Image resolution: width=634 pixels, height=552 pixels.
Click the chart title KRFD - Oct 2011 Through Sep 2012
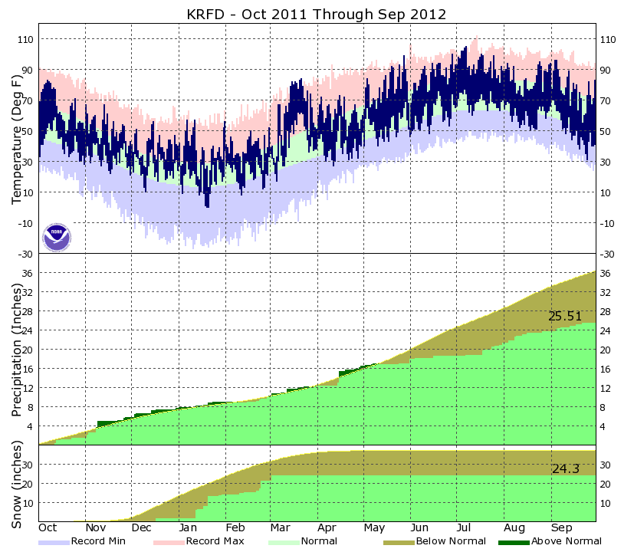pos(317,15)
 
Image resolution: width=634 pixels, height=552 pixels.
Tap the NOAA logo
pos(57,237)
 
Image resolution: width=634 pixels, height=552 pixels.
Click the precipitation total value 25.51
pos(565,316)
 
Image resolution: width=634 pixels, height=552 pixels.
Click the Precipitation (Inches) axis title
pos(16,349)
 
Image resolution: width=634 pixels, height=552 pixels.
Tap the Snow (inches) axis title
pos(16,483)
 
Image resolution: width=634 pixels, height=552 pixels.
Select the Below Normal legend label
pos(451,541)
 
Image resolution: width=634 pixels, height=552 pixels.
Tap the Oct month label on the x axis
pos(48,528)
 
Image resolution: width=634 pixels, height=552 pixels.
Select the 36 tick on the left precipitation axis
pos(28,274)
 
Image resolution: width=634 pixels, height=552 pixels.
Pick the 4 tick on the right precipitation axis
pos(606,426)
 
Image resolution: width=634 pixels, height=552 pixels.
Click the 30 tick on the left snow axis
pos(28,465)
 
